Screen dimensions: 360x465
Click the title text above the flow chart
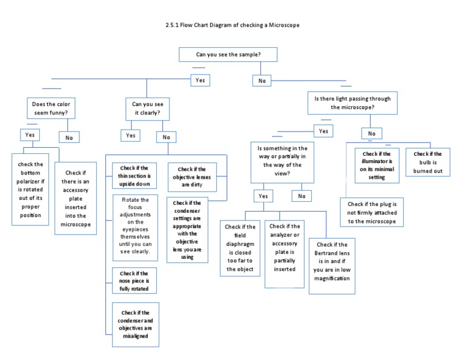coord(232,25)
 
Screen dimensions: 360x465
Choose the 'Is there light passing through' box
coord(352,102)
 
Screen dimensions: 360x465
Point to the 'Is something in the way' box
coord(282,161)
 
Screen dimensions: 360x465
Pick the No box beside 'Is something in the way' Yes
coord(301,196)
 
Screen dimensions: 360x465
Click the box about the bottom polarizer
coord(30,189)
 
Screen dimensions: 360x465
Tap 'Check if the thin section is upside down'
coord(134,176)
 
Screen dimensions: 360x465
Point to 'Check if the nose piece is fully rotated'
coord(134,281)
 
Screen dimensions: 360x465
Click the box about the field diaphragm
coord(240,248)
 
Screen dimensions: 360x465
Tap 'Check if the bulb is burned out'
coord(427,162)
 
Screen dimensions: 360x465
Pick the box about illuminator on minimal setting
coord(377,165)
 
